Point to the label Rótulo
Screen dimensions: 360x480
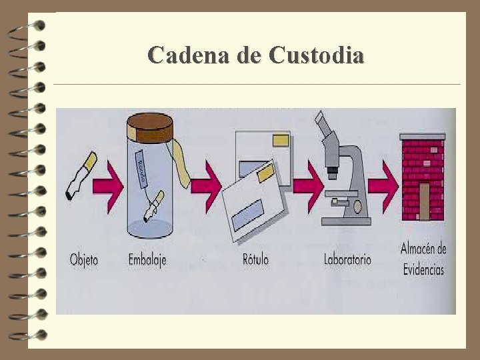255,259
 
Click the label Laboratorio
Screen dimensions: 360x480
347,259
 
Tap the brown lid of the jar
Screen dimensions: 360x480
151,124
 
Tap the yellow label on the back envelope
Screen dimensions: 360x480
281,139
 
